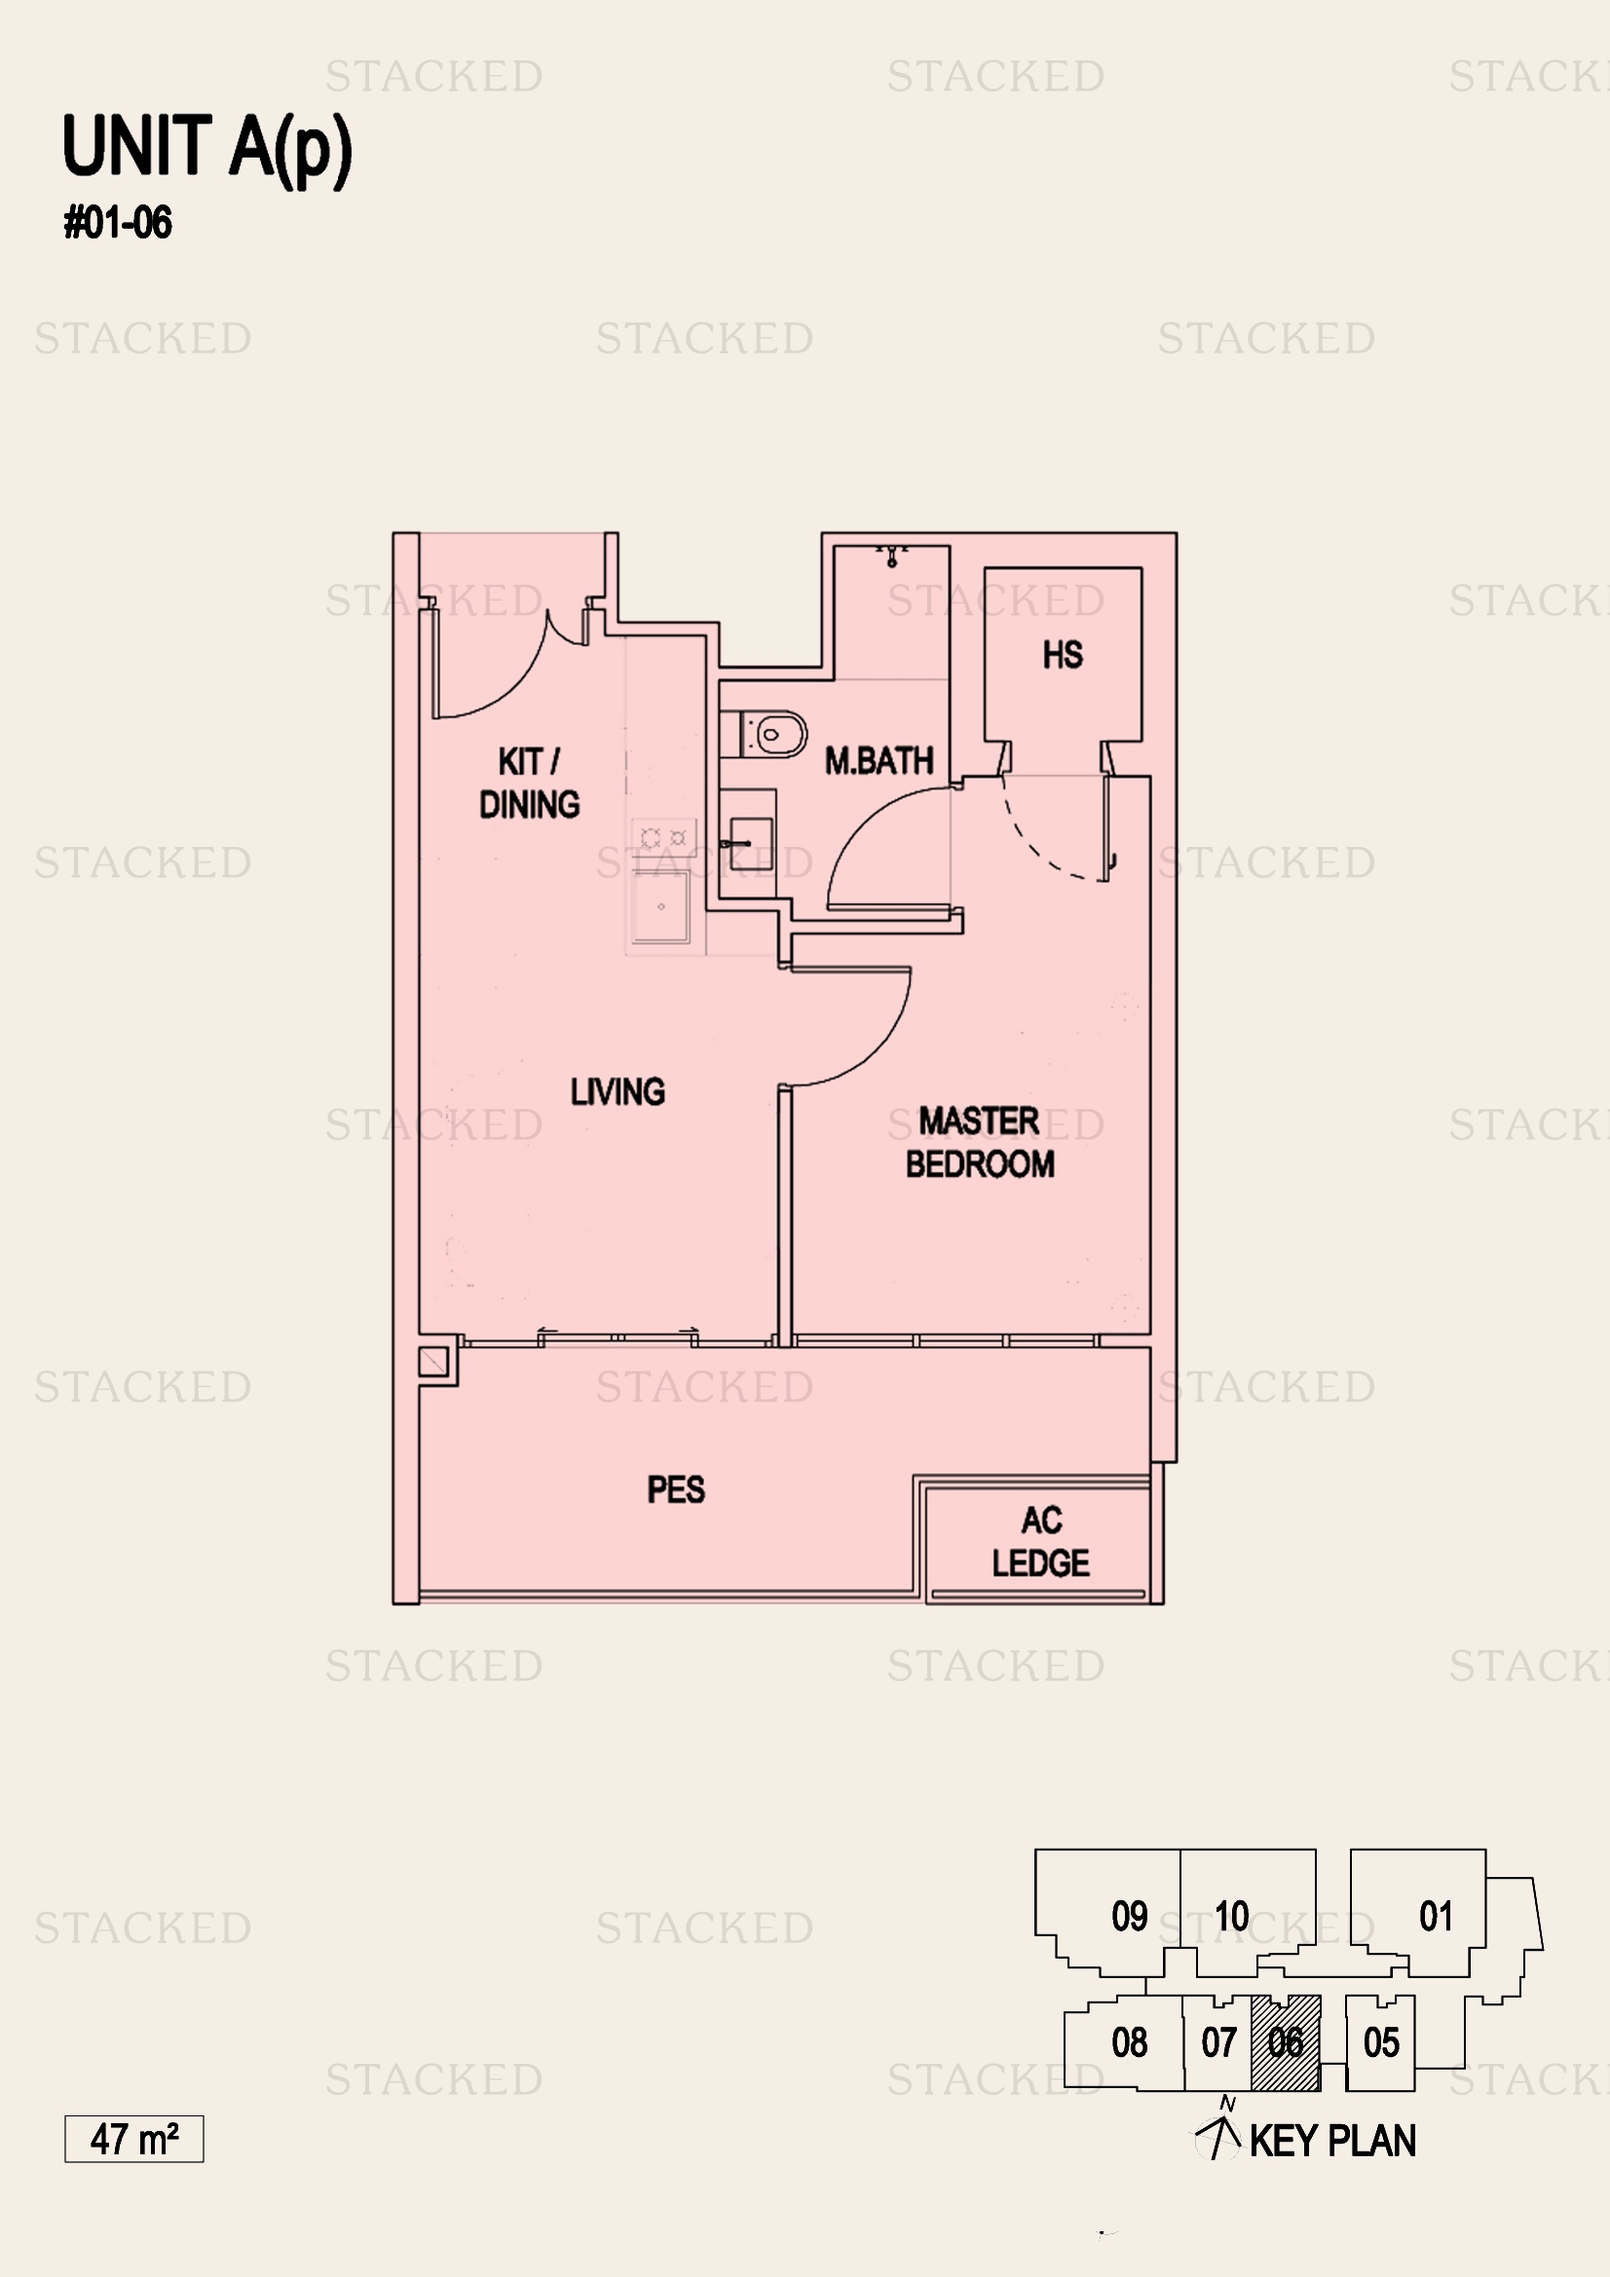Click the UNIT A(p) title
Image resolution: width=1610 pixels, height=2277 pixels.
click(206, 148)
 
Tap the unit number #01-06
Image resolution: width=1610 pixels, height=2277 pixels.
click(118, 222)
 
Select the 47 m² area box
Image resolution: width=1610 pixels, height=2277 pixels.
click(133, 2138)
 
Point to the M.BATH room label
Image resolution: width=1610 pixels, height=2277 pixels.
click(879, 760)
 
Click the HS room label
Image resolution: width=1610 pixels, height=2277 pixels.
click(1063, 654)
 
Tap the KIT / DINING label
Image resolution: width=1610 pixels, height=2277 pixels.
click(529, 784)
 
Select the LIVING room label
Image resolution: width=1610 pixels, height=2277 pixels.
click(617, 1092)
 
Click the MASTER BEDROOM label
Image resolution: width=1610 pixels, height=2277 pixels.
click(979, 1143)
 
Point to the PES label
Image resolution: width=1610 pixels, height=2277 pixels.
click(676, 1489)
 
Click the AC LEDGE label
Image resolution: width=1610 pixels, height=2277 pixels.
click(1040, 1542)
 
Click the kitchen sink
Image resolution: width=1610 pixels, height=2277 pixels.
click(660, 906)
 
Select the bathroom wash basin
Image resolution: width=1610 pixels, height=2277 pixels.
click(750, 844)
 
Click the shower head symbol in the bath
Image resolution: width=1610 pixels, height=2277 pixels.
click(892, 555)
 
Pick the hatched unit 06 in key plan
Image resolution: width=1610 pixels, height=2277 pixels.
click(1286, 2043)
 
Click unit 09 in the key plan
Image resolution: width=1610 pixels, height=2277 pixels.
click(1129, 1916)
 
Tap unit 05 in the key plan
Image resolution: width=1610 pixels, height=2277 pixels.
click(1381, 2043)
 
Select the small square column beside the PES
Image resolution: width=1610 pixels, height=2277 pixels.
click(433, 1362)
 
